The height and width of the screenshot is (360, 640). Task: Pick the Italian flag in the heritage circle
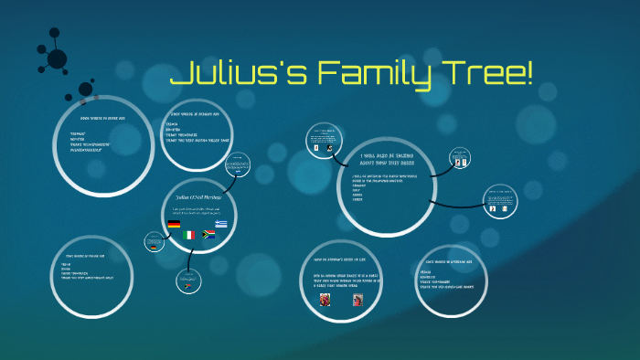click(189, 236)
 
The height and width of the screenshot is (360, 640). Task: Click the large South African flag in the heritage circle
click(208, 235)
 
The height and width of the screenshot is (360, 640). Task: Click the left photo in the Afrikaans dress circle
click(325, 299)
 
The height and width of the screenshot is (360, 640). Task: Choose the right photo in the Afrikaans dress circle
click(357, 299)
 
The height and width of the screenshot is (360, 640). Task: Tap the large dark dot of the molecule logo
click(57, 59)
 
